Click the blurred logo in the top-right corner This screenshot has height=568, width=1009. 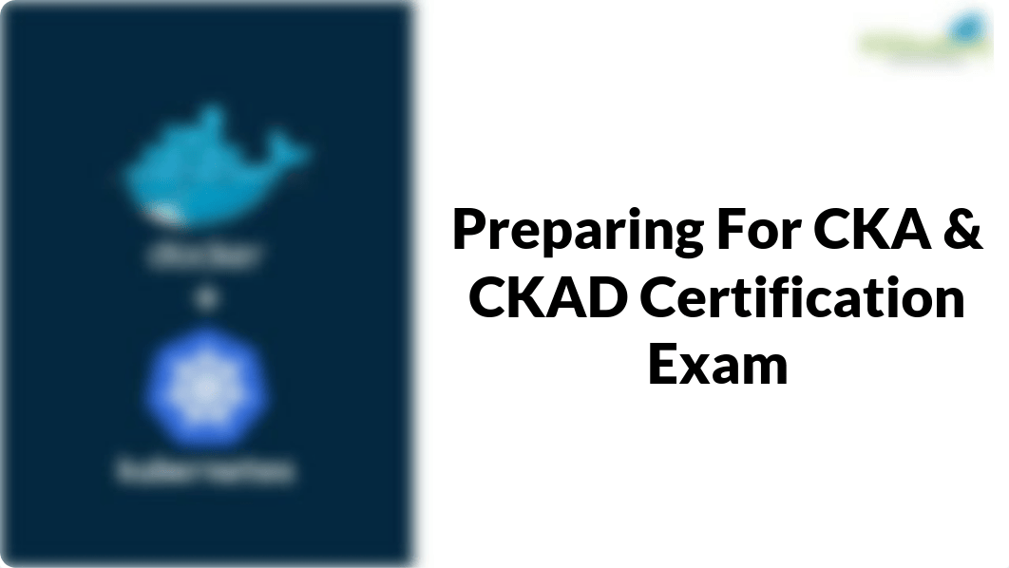tap(922, 38)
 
